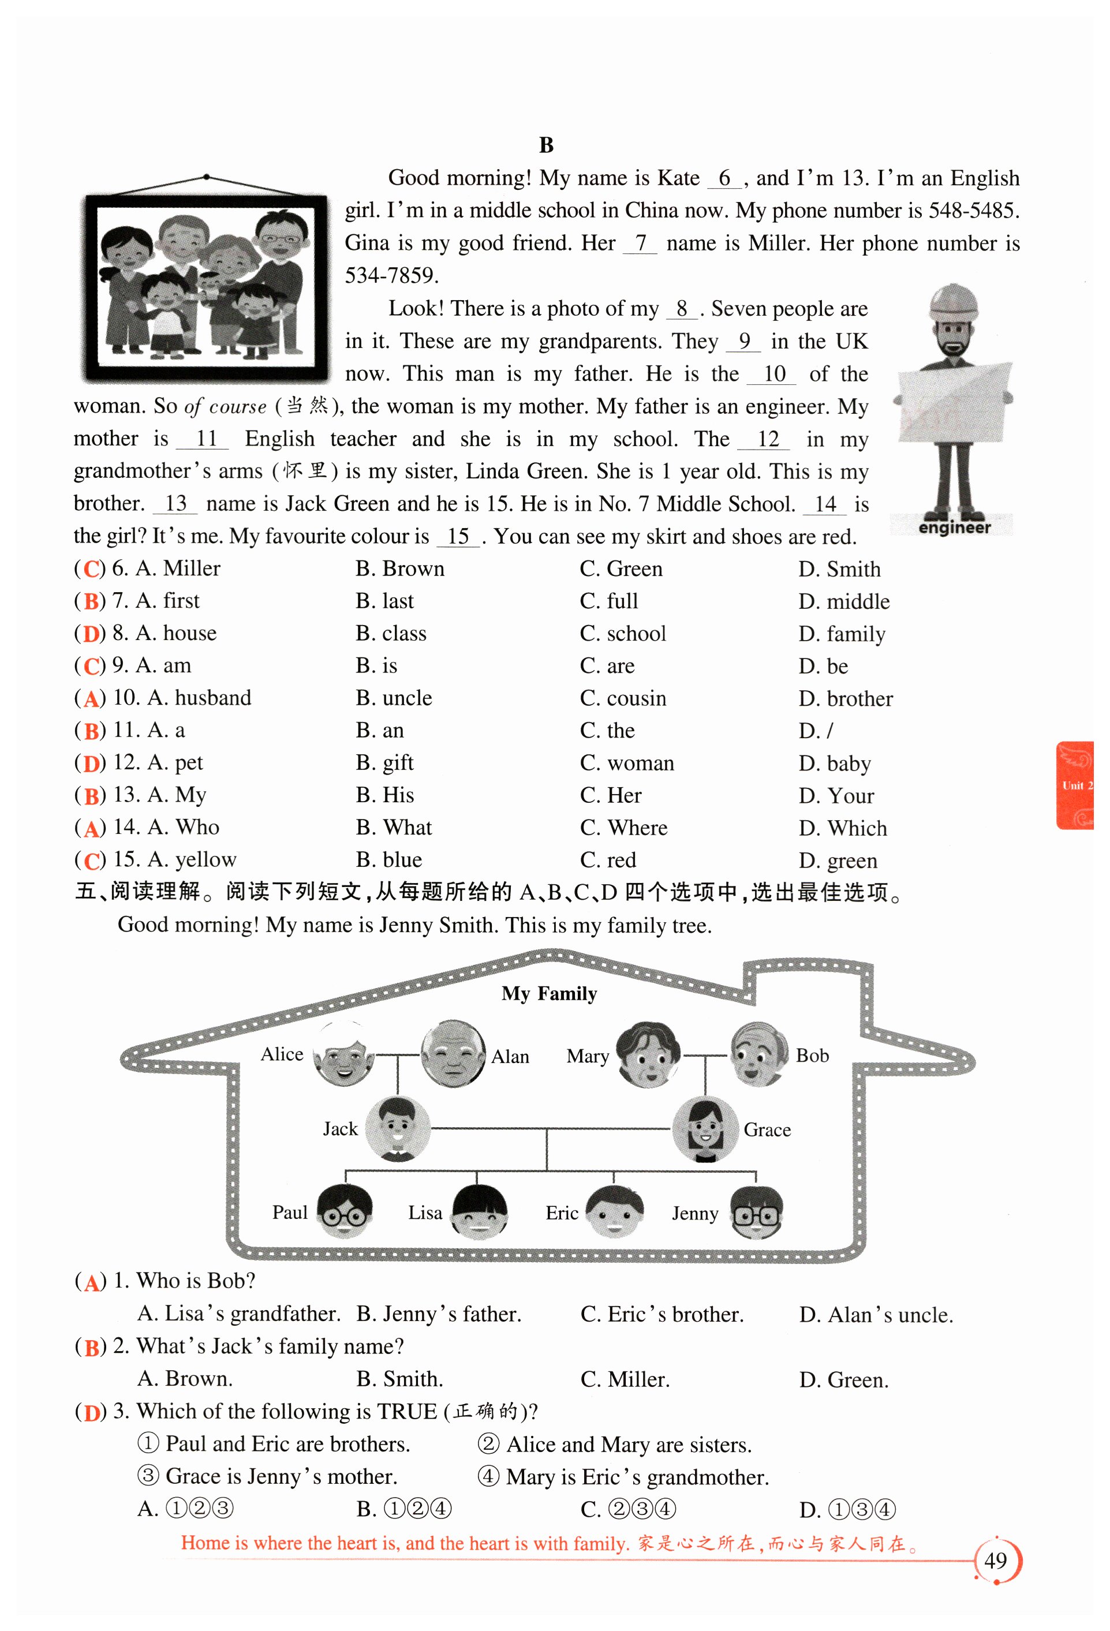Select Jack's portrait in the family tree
(396, 1128)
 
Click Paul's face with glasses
(344, 1212)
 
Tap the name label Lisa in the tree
(425, 1213)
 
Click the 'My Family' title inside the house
(549, 994)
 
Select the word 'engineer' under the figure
(954, 527)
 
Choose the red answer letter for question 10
(91, 699)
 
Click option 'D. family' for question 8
(841, 634)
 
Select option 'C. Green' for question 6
(621, 568)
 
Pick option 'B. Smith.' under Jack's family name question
(399, 1379)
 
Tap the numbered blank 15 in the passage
(458, 537)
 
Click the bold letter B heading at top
(546, 145)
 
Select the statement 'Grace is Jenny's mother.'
(281, 1476)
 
